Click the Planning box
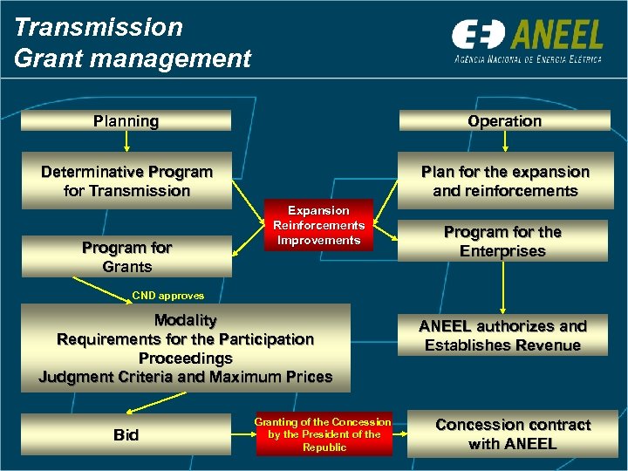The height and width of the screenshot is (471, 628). click(x=126, y=121)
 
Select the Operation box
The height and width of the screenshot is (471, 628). click(x=504, y=121)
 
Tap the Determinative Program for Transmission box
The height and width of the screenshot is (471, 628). click(x=126, y=181)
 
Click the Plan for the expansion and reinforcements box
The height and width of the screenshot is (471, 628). click(x=504, y=181)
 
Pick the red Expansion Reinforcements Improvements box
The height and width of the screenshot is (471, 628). click(x=318, y=225)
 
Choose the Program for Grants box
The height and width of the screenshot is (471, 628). click(x=126, y=256)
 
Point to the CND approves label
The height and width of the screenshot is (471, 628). click(x=168, y=296)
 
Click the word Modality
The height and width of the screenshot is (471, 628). click(x=185, y=320)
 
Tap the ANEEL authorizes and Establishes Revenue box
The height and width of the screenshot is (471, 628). click(x=502, y=336)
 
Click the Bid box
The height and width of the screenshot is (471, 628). click(x=126, y=434)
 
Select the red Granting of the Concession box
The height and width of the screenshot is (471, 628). click(x=324, y=434)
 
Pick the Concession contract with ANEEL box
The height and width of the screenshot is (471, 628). click(x=512, y=433)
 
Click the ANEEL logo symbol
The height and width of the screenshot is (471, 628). click(x=477, y=35)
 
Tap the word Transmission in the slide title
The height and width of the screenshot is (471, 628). click(x=99, y=27)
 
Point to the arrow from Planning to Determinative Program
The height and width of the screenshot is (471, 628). click(x=127, y=143)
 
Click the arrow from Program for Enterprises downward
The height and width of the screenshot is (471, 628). click(x=504, y=286)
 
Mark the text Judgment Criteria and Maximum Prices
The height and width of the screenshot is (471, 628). click(x=185, y=377)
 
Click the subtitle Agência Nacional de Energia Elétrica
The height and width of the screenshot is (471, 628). click(x=528, y=59)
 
